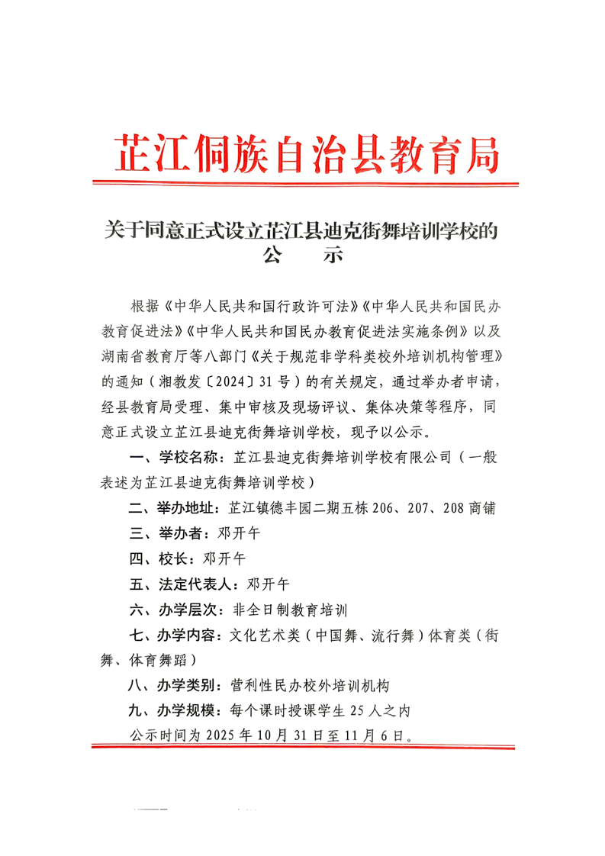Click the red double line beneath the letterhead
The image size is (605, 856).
(x=305, y=183)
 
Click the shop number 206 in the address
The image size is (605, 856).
(x=387, y=508)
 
